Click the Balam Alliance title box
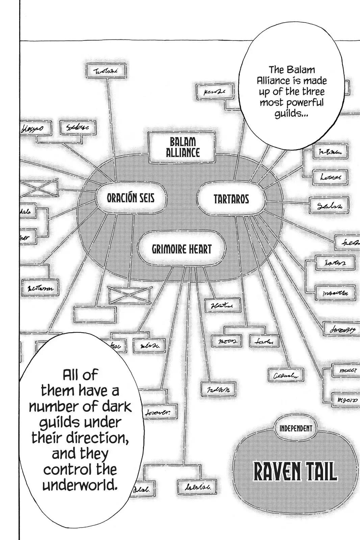click(183, 147)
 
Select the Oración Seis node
click(130, 198)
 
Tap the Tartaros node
click(231, 199)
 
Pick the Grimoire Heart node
click(181, 249)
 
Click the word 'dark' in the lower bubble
click(115, 406)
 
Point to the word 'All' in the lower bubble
click(80, 375)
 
